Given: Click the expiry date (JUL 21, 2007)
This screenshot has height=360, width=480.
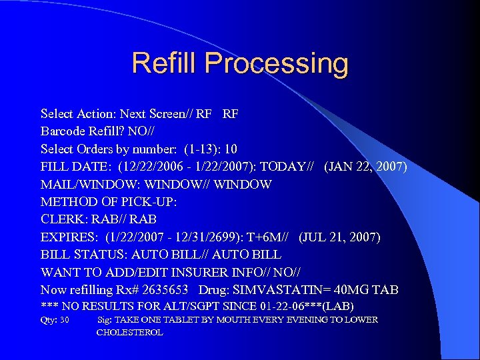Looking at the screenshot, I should [339, 237].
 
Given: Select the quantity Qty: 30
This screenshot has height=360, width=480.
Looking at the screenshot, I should [55, 320].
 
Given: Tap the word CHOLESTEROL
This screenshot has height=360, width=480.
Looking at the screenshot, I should [129, 332].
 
